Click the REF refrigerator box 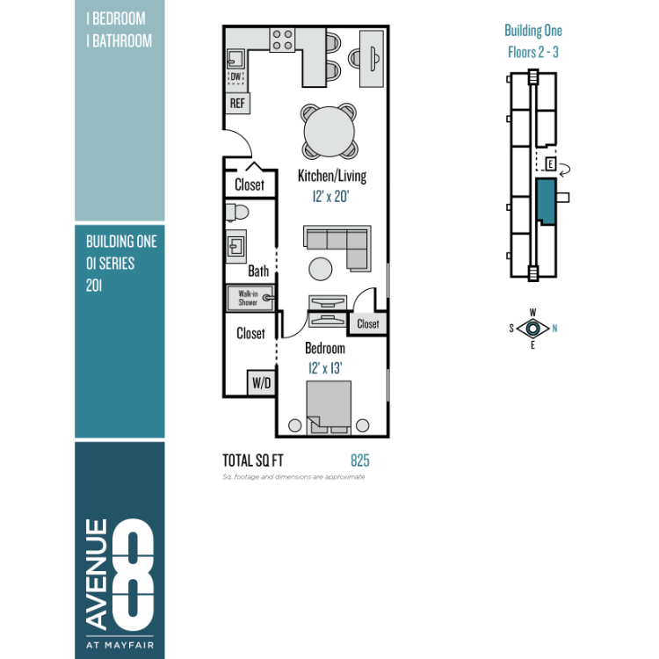coord(237,103)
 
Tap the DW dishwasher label coord(235,76)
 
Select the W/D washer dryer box coord(262,382)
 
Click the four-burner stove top coord(282,40)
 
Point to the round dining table coord(329,131)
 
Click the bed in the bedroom coord(329,407)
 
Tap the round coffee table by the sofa coord(320,269)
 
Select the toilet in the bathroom coord(237,212)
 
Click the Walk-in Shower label coord(248,298)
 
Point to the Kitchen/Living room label coord(332,176)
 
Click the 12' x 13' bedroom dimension coord(325,368)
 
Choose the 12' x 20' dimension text coord(330,196)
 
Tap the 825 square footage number coord(360,460)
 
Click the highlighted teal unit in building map coord(546,201)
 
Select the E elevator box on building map coord(550,163)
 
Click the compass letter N coord(554,329)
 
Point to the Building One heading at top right coord(533,30)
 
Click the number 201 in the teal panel coord(94,286)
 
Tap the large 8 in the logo coord(133,574)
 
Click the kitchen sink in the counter coord(235,59)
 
